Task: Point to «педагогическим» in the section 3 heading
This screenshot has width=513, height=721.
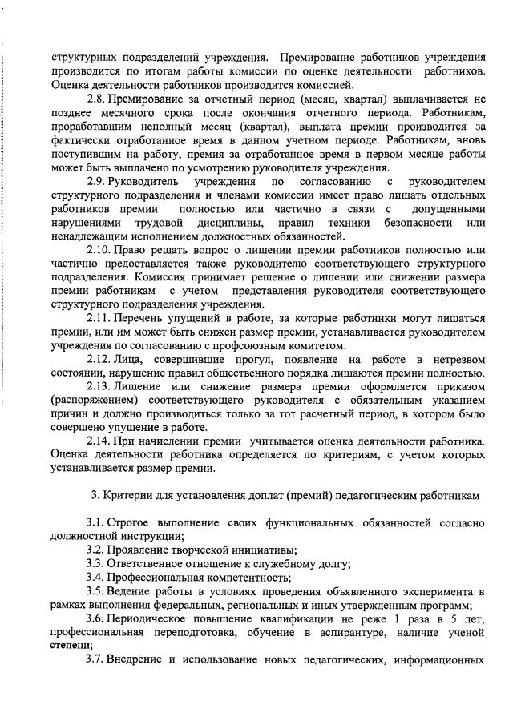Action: pyautogui.click(x=368, y=495)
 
